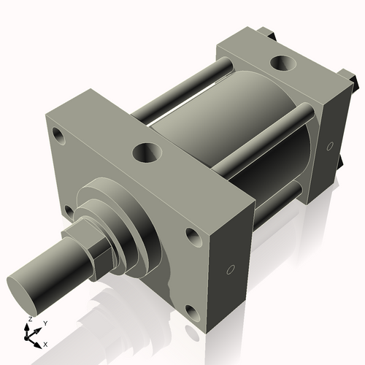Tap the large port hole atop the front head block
(x=147, y=153)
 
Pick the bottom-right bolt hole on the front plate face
(x=191, y=314)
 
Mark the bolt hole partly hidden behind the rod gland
(x=68, y=211)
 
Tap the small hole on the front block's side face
(x=231, y=270)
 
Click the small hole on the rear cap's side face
(x=332, y=144)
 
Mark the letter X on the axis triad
(x=45, y=343)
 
